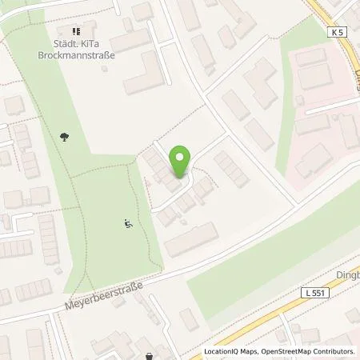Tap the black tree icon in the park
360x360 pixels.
64,137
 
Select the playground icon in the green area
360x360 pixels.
127,224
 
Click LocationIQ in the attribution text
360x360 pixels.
222,351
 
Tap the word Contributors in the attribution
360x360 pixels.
336,351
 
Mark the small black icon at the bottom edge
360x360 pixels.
149,355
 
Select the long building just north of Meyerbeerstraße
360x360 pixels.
191,239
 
